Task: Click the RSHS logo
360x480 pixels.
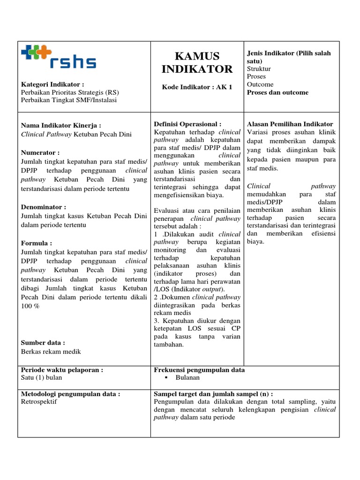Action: (59, 58)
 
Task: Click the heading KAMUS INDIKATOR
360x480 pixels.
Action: (197, 63)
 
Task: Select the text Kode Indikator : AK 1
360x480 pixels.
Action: (197, 87)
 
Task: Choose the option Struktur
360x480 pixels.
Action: (259, 68)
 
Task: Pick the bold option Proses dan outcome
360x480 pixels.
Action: (277, 92)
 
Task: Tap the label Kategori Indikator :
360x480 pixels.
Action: (53, 84)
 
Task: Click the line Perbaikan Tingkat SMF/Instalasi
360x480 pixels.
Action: (69, 100)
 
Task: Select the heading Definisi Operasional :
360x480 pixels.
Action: (187, 124)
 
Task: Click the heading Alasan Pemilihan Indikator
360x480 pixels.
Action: (290, 124)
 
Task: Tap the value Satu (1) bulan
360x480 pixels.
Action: (42, 377)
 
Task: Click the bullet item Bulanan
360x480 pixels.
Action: (187, 377)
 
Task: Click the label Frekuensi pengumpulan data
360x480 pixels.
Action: (199, 370)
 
